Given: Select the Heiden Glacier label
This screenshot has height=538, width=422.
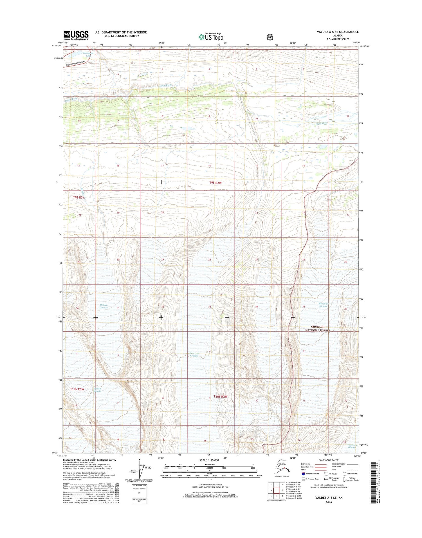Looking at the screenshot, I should [x=104, y=306].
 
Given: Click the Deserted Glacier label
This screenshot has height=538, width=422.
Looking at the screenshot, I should [x=194, y=355].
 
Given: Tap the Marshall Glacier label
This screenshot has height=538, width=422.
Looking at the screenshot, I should [x=323, y=305].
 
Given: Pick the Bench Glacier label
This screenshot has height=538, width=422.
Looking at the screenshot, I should [x=98, y=390].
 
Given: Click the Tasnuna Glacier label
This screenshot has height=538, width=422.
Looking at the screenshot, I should [x=352, y=446].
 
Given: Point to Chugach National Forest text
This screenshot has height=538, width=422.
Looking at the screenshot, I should [x=318, y=329].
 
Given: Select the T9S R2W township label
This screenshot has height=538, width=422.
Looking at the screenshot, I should [x=216, y=183].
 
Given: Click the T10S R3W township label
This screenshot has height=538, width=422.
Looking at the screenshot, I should [x=77, y=389].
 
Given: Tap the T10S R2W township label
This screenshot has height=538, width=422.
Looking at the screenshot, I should [x=220, y=396].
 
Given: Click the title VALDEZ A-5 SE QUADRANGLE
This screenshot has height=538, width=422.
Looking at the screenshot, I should [x=338, y=32].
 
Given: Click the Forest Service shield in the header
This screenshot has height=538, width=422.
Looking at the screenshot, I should [x=270, y=37].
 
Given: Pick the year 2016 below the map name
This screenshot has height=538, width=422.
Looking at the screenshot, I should [x=329, y=502].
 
